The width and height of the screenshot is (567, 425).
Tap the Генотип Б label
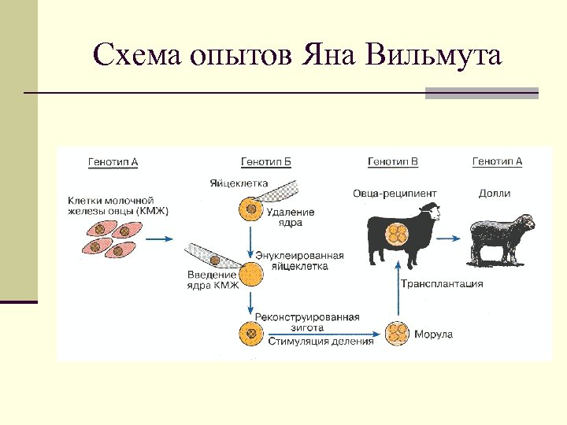click(265, 162)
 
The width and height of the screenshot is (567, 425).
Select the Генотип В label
click(392, 162)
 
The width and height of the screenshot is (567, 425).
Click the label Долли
click(495, 194)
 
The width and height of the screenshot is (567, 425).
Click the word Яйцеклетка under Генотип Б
click(238, 183)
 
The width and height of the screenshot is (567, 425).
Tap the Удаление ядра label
click(291, 216)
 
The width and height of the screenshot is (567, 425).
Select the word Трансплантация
click(442, 284)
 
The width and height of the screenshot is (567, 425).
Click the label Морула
click(433, 334)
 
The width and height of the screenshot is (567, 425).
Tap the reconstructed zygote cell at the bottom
click(250, 333)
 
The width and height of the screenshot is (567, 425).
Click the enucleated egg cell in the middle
click(251, 274)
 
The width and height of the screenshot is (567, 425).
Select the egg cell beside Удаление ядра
click(250, 211)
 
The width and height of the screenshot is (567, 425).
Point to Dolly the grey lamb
click(501, 235)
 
